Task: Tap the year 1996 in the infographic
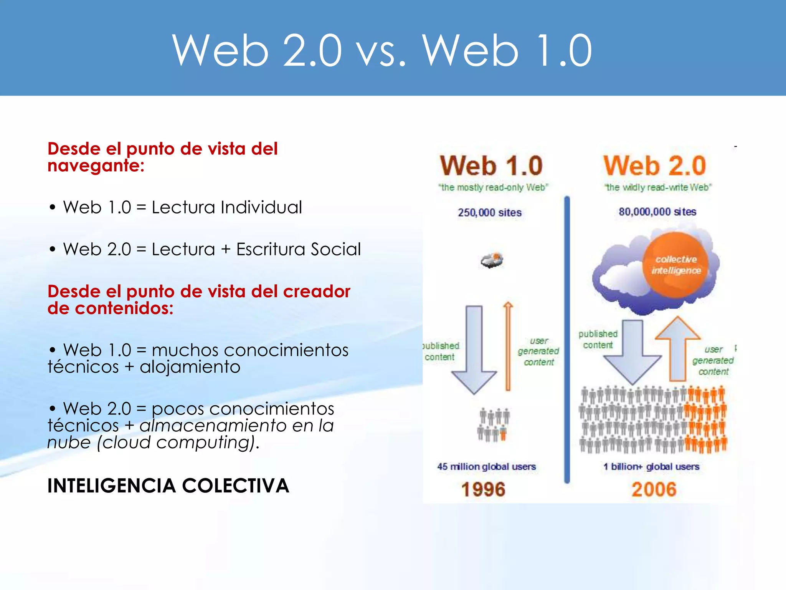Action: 483,489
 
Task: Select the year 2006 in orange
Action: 654,489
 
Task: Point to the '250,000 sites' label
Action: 490,212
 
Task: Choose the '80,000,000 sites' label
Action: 657,212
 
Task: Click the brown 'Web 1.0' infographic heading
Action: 491,166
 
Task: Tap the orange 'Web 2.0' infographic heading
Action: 655,166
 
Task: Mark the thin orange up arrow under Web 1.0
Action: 508,346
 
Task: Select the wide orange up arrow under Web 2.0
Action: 678,350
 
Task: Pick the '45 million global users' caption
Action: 486,467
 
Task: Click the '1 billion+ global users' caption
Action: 651,467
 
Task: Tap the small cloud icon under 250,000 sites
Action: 492,260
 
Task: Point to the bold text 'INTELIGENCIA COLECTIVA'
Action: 168,486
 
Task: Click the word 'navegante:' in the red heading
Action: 96,166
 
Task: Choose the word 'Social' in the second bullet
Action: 336,249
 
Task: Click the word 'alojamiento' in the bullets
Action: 190,367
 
